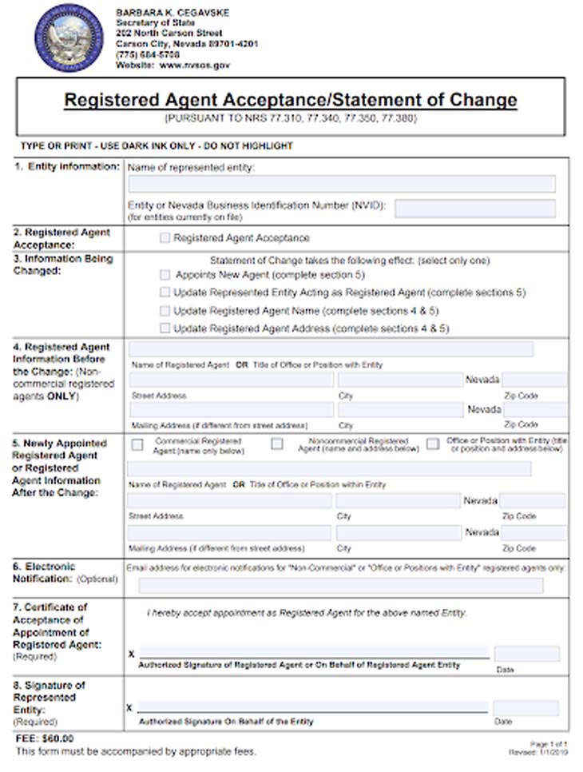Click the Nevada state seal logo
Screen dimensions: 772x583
(x=68, y=38)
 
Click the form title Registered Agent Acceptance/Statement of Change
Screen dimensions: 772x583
(x=291, y=101)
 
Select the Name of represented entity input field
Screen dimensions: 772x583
(x=341, y=184)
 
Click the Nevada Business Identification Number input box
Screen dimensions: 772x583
(x=474, y=209)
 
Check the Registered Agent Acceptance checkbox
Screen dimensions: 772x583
(x=165, y=238)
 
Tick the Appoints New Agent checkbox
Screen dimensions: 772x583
(x=165, y=274)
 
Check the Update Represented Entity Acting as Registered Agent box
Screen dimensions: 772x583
(x=165, y=292)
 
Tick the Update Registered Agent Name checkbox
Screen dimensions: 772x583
(x=165, y=310)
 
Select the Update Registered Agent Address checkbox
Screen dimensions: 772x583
(x=165, y=328)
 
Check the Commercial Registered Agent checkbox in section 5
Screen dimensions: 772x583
(x=137, y=444)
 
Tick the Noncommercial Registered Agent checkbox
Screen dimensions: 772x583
(x=277, y=444)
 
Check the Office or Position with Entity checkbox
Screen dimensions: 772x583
(x=433, y=444)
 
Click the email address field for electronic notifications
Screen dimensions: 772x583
(x=341, y=586)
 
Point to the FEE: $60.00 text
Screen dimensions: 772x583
(x=45, y=738)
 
